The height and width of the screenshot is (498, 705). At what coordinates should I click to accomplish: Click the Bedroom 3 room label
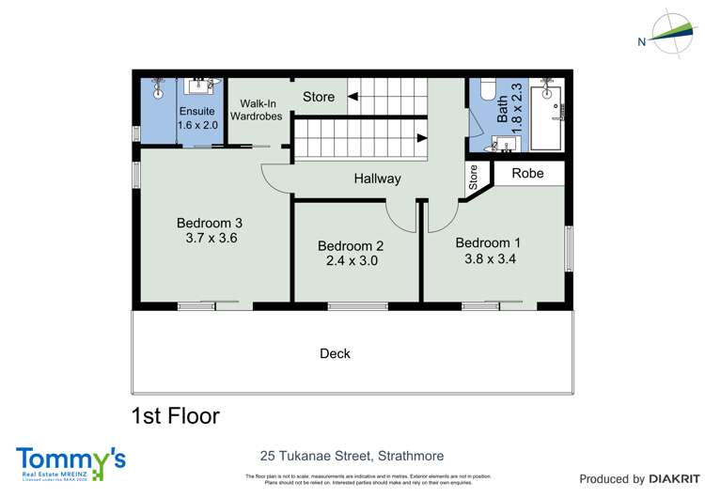pos(210,223)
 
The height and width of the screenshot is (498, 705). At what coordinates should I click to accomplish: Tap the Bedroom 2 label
pos(351,246)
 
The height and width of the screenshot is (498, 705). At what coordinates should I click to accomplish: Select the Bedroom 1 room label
pos(488,242)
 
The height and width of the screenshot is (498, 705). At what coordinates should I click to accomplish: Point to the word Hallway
pos(377,179)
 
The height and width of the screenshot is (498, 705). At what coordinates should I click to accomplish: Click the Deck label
pos(335,353)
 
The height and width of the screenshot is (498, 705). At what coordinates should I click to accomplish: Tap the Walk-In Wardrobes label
pos(258,109)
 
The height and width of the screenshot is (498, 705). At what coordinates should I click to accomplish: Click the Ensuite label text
pos(197,111)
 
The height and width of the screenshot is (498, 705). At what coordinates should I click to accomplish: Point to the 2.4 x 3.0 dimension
pos(352,262)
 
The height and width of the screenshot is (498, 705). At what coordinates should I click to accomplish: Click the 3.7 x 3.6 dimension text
pos(211,239)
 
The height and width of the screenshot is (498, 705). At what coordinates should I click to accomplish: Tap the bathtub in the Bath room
pos(546,117)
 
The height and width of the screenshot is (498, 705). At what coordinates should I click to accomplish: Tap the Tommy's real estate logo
pos(70,462)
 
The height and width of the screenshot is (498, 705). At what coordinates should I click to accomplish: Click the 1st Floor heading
pos(176,415)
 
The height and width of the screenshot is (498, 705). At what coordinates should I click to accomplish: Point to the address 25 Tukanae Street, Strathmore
pos(352,456)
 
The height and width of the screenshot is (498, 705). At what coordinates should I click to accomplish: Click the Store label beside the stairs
pos(319,97)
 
